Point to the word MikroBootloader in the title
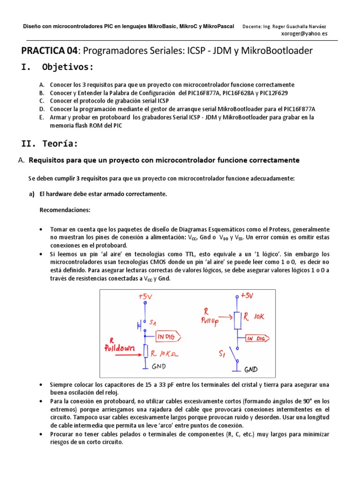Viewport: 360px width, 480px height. (x=277, y=51)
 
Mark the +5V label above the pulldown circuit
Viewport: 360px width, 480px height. (x=146, y=297)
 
